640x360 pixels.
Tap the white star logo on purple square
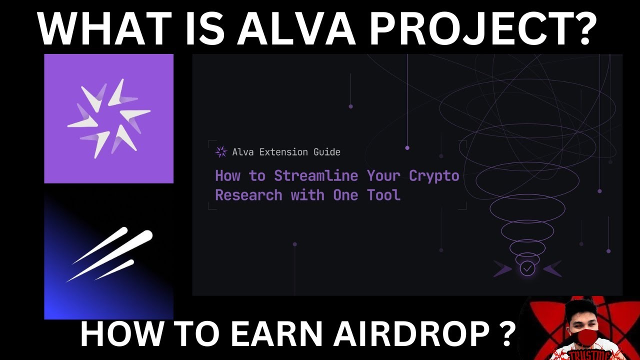coord(108,118)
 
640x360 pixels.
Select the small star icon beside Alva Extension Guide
coord(220,152)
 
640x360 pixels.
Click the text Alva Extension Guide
coord(286,152)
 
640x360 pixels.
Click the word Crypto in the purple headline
coord(433,176)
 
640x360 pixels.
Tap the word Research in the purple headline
coord(248,195)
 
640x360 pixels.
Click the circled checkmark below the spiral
coord(527,269)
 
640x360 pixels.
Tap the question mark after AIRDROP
coord(505,333)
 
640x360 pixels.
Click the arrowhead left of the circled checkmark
coord(502,269)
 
